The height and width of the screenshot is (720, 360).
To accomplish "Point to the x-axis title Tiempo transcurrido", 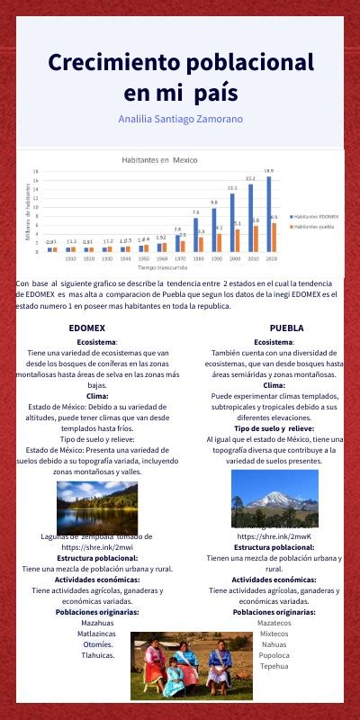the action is (162, 267).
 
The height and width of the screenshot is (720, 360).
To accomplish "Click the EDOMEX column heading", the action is (86, 328).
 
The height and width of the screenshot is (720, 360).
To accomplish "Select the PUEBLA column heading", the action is (286, 328).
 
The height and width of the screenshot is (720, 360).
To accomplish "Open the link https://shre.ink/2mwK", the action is (274, 536).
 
